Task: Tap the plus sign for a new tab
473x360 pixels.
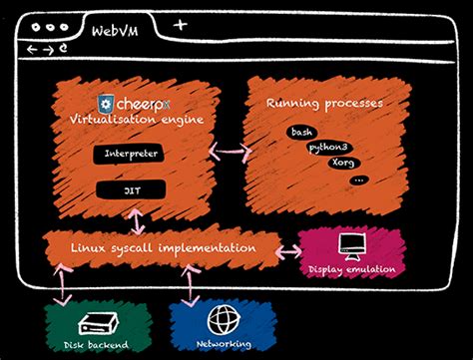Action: tap(180, 24)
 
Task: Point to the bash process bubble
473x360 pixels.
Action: tap(302, 132)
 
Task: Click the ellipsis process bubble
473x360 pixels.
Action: tap(359, 180)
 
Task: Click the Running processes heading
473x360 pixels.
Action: tap(324, 103)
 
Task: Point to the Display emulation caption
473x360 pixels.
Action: tap(352, 269)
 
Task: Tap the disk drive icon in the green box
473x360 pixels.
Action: tap(100, 322)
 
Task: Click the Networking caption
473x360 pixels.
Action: tap(224, 345)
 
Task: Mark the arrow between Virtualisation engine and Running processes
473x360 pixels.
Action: tap(229, 153)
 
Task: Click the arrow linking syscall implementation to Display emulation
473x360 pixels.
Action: tap(286, 249)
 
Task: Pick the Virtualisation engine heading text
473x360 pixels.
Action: tap(137, 119)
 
